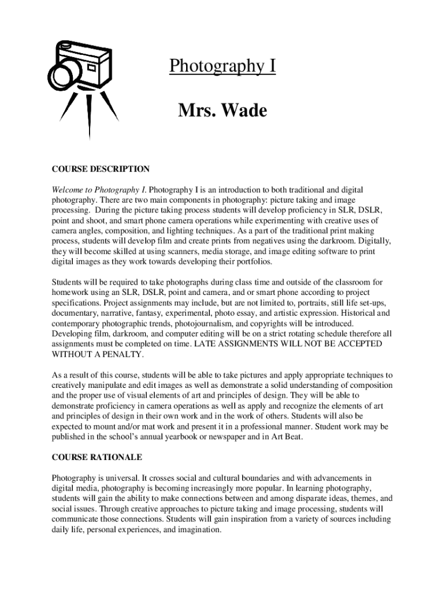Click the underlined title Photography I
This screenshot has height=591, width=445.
(222, 67)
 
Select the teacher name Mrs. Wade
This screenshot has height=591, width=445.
(222, 110)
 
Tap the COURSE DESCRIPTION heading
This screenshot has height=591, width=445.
(101, 169)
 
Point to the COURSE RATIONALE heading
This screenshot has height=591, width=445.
(97, 457)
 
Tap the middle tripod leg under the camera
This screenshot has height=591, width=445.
(90, 115)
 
